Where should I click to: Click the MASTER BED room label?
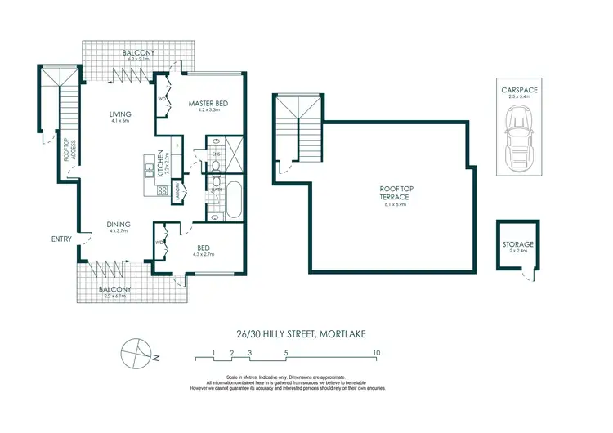208,104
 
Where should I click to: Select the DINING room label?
120,222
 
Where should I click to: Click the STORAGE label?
518,244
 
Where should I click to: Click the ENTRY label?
60,239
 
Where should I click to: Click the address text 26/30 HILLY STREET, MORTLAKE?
306,333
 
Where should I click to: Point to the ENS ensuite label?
217,154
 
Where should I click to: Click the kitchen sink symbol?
149,170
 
